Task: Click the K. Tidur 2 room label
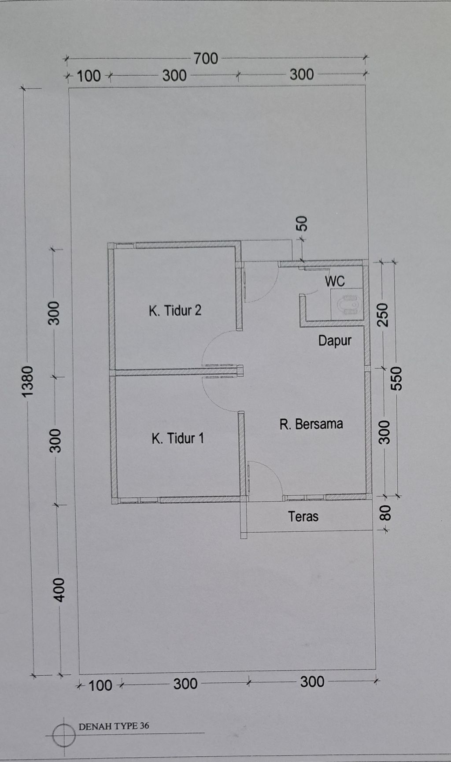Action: (x=175, y=311)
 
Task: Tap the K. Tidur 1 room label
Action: (x=178, y=438)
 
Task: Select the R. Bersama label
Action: (x=311, y=424)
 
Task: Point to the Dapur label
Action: (x=335, y=341)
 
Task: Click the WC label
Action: (x=335, y=281)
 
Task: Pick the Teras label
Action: (x=303, y=516)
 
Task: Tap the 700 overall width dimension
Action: (x=206, y=59)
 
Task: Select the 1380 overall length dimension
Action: (x=28, y=381)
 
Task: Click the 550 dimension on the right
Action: (x=396, y=378)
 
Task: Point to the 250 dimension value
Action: (x=384, y=315)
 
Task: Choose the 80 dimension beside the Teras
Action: (x=385, y=513)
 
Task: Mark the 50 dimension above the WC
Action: (x=302, y=224)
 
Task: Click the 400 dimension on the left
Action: (x=59, y=590)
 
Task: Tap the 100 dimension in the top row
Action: (x=89, y=76)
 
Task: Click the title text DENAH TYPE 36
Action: (x=114, y=726)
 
